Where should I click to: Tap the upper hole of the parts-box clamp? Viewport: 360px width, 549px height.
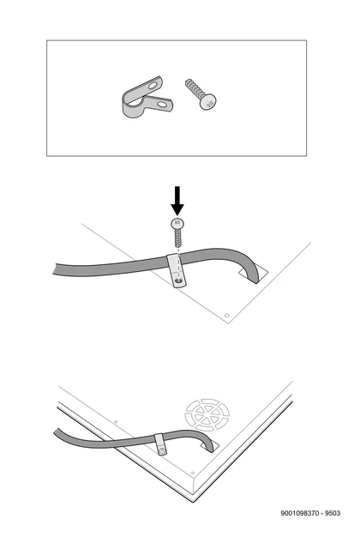click(153, 85)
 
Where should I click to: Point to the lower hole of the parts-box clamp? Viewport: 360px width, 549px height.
click(162, 104)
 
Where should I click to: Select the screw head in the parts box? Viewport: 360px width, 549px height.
click(207, 102)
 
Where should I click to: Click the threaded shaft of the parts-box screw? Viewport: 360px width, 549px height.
click(194, 88)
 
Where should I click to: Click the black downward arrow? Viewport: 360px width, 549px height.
click(177, 200)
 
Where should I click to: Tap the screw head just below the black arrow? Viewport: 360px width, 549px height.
click(177, 223)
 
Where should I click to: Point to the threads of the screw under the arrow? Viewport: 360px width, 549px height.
click(178, 238)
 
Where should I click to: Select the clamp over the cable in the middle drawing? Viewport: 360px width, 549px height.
click(177, 271)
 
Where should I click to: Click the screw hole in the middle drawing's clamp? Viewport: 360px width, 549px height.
click(179, 281)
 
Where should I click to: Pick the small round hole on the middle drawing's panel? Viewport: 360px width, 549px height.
click(226, 316)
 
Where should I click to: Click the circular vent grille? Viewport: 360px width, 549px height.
click(207, 414)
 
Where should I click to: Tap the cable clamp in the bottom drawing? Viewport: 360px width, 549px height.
click(160, 444)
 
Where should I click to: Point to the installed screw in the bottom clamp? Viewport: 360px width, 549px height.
click(162, 449)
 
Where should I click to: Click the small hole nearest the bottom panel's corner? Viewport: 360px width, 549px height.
click(193, 474)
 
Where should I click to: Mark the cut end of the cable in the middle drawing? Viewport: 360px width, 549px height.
click(55, 269)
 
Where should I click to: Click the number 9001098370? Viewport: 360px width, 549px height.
click(299, 513)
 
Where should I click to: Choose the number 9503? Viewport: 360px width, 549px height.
click(333, 513)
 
